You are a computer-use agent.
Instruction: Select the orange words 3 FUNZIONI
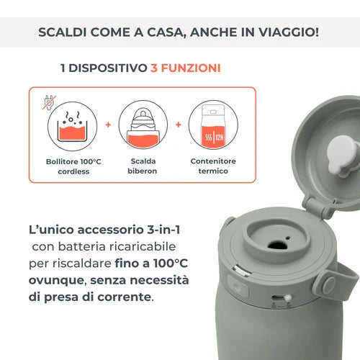click(x=185, y=69)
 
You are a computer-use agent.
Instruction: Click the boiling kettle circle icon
click(x=73, y=125)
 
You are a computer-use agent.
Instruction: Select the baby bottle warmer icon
click(x=143, y=125)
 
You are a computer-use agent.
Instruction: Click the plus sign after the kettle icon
click(x=108, y=125)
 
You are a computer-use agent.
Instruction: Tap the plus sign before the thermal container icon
click(x=178, y=125)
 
